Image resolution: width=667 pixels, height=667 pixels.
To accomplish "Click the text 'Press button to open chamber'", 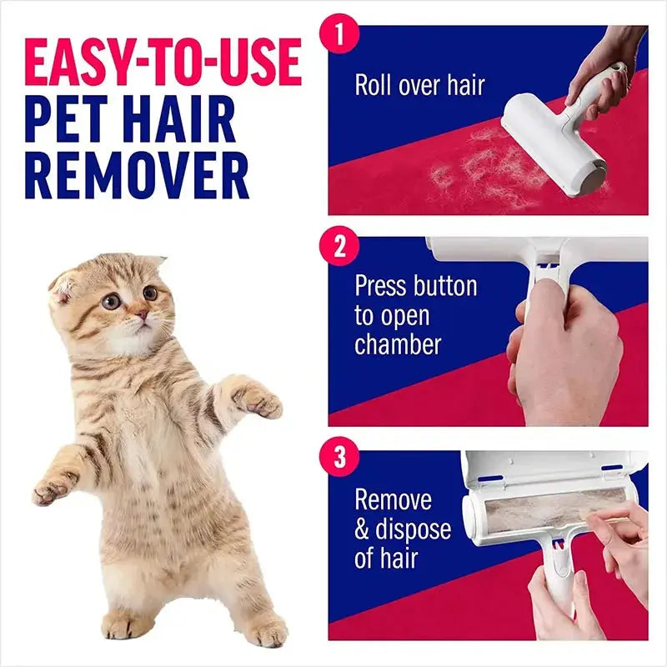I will (414, 315).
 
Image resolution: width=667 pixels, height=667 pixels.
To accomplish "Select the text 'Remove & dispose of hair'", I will (402, 529).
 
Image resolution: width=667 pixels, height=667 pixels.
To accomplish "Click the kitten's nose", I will (142, 315).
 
